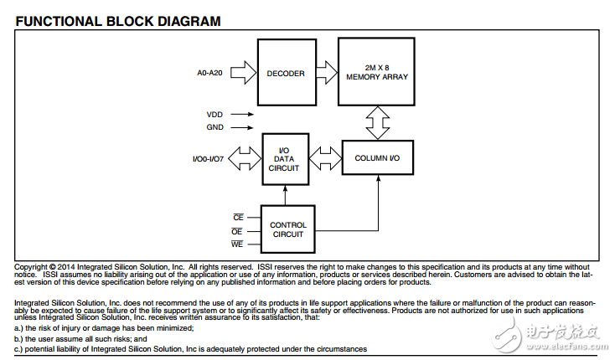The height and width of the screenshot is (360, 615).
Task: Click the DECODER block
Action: (x=286, y=74)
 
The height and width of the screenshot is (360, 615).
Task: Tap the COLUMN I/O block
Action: (x=378, y=157)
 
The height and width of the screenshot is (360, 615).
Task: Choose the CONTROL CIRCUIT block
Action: (x=287, y=229)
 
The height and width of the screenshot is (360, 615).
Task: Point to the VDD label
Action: (x=214, y=114)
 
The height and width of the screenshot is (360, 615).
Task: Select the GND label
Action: (x=214, y=128)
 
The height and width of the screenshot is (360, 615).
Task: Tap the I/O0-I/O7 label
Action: (x=209, y=157)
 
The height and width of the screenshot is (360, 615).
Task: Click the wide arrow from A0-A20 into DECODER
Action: (x=241, y=74)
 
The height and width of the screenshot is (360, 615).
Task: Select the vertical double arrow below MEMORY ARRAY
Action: (x=378, y=122)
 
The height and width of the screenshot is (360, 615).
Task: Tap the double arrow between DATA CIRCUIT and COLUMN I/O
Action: (x=325, y=157)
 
